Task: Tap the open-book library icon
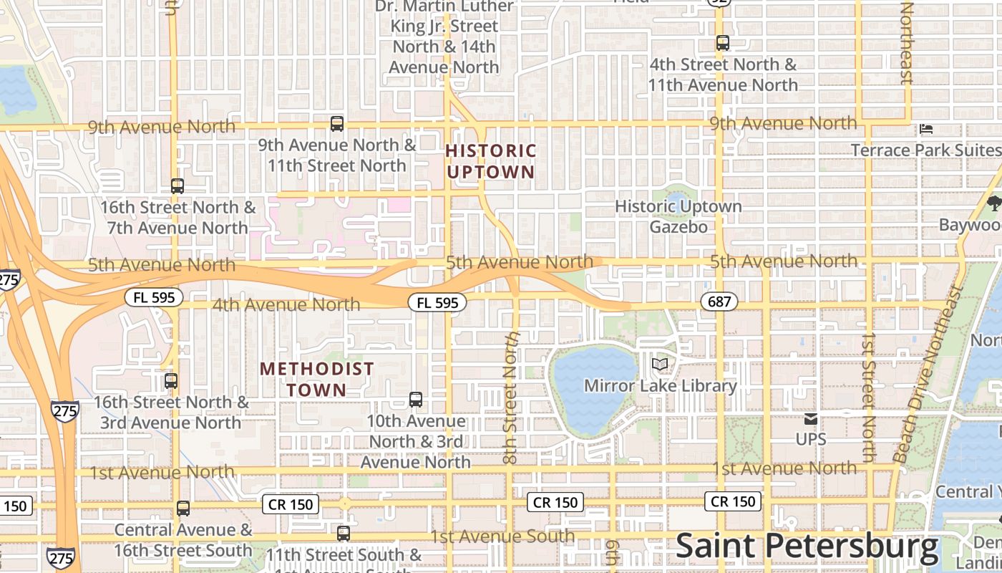coord(660,365)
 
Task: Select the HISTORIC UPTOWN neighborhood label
coord(491,161)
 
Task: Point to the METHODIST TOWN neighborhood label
coord(316,380)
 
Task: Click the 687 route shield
coord(719,302)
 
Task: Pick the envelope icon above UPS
coord(810,419)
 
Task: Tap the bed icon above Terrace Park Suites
coord(926,130)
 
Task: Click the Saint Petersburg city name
coord(807,546)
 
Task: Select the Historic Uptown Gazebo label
coord(678,216)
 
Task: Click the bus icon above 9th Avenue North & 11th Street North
coord(337,124)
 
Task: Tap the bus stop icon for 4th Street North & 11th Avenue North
coord(722,43)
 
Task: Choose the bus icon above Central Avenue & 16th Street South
coord(183,509)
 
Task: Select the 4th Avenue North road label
coord(286,304)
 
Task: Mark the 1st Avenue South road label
coord(502,536)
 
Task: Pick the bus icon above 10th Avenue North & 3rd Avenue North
coord(416,400)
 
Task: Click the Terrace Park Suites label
coord(925,150)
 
